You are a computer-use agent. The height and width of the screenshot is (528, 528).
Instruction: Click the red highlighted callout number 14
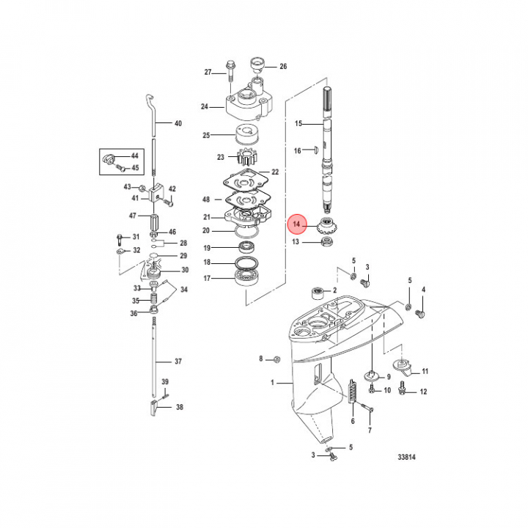(297, 224)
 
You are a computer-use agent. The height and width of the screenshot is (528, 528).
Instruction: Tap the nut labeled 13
(326, 241)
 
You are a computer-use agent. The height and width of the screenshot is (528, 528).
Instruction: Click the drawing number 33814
(406, 457)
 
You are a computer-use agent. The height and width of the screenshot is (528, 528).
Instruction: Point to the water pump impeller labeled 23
(248, 158)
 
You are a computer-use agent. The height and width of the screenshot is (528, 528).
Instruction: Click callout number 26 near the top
(283, 66)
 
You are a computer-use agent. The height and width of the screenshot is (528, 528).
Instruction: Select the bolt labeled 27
(231, 71)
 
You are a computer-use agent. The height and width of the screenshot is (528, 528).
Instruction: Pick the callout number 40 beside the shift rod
(178, 123)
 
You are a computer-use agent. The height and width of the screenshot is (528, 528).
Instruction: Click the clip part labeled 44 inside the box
(109, 158)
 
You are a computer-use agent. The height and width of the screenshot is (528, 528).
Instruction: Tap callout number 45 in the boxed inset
(135, 167)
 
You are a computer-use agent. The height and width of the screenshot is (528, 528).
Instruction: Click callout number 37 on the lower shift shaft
(178, 362)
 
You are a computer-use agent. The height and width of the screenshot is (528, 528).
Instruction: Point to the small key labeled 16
(315, 149)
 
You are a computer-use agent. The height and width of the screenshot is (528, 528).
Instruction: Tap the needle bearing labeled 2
(318, 293)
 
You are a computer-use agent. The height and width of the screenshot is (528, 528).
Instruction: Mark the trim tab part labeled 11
(403, 368)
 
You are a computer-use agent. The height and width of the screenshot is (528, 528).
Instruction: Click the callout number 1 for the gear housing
(272, 383)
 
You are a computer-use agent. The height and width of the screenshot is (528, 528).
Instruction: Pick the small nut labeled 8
(277, 359)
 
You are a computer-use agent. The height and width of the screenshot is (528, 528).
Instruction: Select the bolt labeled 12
(402, 389)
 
